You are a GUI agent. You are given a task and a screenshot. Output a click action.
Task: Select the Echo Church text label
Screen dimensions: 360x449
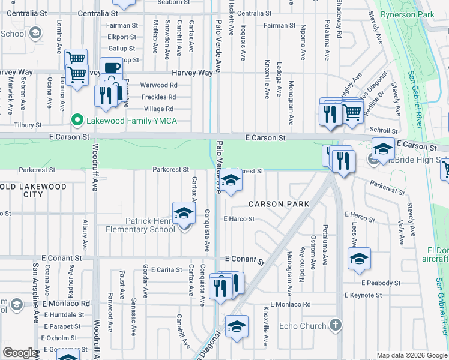[303, 326]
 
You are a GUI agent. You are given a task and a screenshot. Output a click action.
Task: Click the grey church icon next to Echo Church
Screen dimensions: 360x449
[336, 326]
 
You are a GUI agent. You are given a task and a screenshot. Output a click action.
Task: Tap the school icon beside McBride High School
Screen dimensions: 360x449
[382, 148]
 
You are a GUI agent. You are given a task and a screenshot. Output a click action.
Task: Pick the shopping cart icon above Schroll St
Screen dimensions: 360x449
[352, 110]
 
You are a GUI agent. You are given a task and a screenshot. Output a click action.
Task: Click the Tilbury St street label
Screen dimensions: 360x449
[28, 125]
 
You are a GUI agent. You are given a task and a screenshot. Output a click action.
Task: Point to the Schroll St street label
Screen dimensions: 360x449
[384, 130]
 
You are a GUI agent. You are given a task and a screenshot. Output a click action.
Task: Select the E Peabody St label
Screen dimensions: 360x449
[381, 283]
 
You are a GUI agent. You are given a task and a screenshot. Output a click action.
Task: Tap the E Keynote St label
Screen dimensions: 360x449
[363, 295]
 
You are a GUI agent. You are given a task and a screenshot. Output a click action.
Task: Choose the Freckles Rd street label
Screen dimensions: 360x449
[158, 97]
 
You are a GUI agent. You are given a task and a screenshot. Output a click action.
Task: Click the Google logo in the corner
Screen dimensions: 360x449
[20, 353]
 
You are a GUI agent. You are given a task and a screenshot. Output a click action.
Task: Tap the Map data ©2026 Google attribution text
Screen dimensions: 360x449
[412, 355]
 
